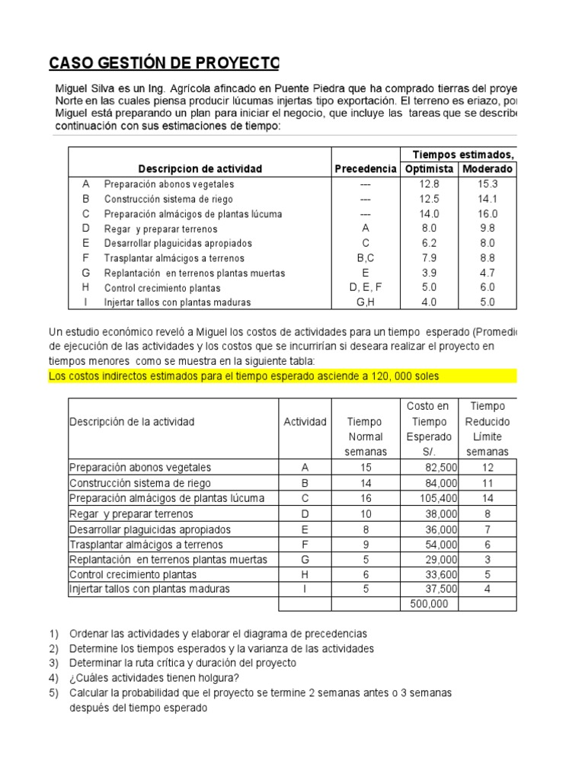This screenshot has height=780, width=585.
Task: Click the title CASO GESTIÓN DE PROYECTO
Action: (x=164, y=62)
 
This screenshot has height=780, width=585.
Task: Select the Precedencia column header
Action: (x=366, y=168)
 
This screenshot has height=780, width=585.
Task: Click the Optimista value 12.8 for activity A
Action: (x=429, y=184)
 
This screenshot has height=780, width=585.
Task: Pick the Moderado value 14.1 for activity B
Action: (x=487, y=199)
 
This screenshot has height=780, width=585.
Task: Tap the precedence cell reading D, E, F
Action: (x=366, y=287)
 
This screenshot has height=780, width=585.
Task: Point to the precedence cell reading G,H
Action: (x=366, y=302)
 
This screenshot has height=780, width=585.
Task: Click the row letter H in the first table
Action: (x=86, y=287)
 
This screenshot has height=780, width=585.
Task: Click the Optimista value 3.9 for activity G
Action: (x=429, y=273)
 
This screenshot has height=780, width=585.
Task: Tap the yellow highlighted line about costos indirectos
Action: (x=244, y=376)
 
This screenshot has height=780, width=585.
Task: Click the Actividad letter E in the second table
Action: (x=305, y=529)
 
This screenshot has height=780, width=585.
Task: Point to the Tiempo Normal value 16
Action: (x=366, y=498)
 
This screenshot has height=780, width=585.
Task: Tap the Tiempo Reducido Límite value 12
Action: (x=487, y=468)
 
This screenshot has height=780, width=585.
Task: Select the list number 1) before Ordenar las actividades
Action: (x=53, y=633)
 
